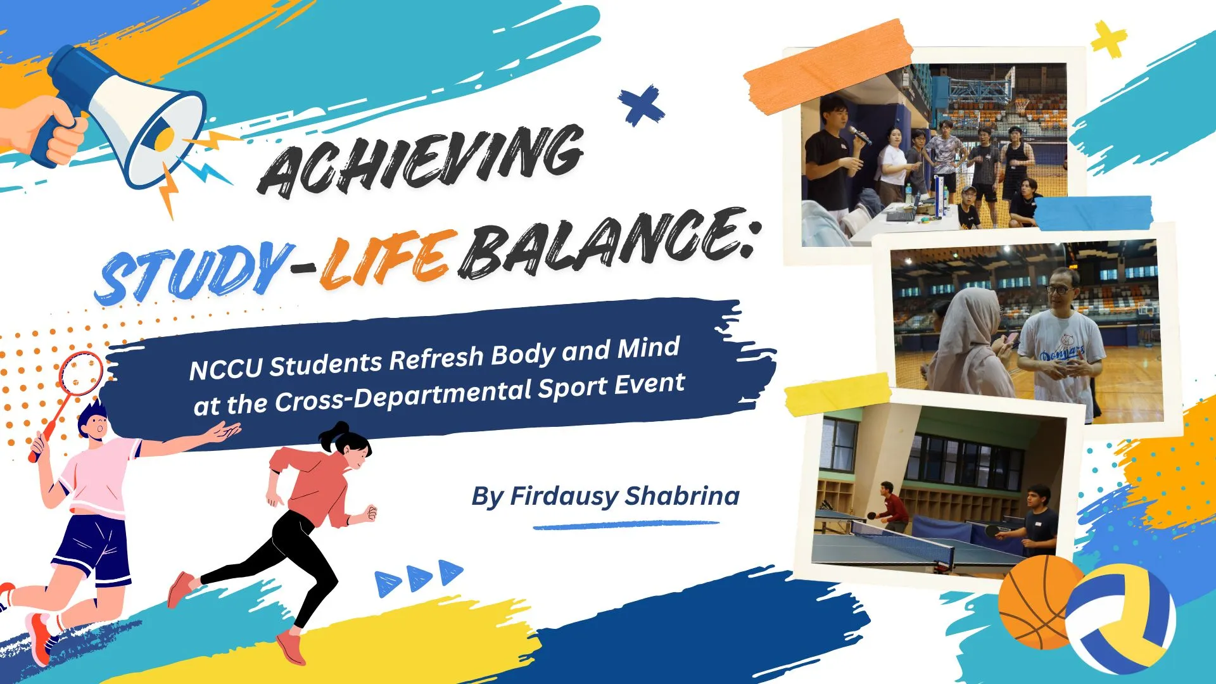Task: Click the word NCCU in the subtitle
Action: (x=225, y=368)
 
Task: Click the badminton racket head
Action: (x=80, y=373)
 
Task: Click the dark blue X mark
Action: (x=641, y=105)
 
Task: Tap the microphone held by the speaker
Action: (x=859, y=134)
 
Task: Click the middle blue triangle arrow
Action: (x=420, y=578)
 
